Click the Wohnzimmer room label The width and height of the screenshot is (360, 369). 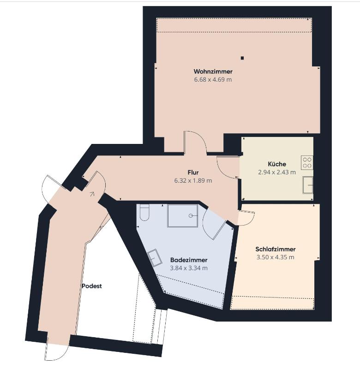[213, 71]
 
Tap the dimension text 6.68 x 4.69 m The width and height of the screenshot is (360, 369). [213, 80]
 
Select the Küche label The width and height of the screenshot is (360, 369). [276, 164]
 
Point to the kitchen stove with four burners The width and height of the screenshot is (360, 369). [307, 162]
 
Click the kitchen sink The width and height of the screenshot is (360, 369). [308, 185]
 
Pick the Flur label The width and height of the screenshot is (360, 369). [193, 172]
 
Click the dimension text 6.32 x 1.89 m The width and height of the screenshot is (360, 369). [193, 180]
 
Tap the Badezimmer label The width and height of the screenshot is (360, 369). [188, 260]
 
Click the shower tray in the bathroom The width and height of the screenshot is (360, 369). [183, 215]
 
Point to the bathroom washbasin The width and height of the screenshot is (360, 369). [154, 256]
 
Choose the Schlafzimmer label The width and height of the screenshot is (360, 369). [275, 249]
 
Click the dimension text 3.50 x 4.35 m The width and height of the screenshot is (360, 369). [275, 257]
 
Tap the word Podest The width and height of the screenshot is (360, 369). [91, 286]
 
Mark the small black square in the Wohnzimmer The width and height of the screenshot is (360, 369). [242, 58]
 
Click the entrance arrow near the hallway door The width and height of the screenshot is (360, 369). [92, 194]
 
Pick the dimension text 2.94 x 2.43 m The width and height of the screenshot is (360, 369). [276, 172]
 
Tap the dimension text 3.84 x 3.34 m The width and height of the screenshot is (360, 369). [188, 268]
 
